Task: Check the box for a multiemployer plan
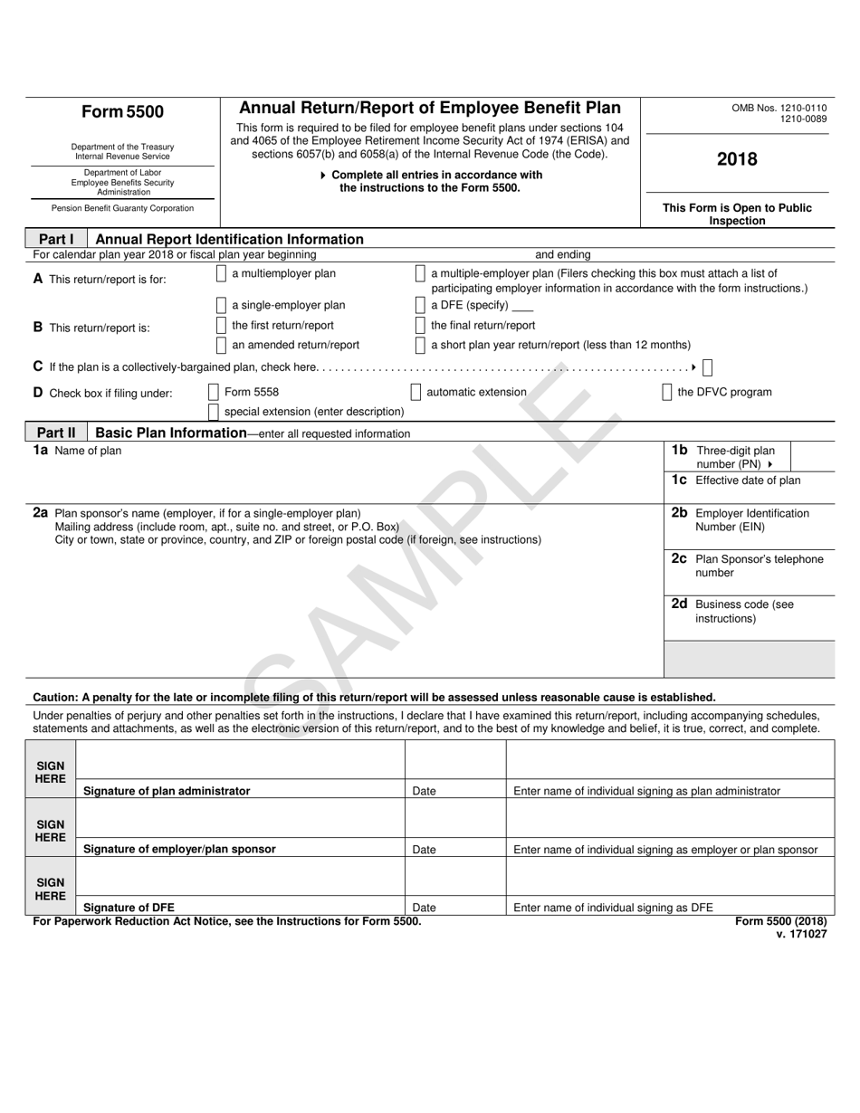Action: [x=222, y=274]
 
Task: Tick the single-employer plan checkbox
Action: [x=222, y=306]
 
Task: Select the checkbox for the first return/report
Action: [x=222, y=325]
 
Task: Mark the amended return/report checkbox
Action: [x=222, y=345]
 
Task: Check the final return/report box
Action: [x=420, y=325]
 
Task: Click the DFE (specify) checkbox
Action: [x=420, y=306]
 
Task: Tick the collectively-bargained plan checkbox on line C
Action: [x=707, y=367]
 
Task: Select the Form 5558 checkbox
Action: [x=214, y=393]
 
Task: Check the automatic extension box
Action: [x=416, y=393]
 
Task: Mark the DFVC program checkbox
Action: [x=667, y=393]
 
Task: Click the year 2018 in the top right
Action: [x=737, y=160]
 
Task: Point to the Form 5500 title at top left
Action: [x=123, y=112]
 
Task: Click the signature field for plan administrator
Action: [x=240, y=759]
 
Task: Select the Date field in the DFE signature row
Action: [x=454, y=875]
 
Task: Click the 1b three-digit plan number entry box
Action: [x=812, y=456]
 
